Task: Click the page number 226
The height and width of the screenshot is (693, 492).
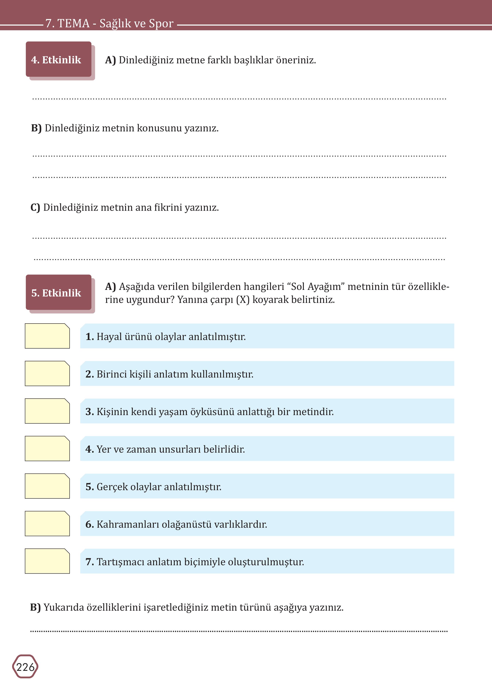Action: click(x=25, y=667)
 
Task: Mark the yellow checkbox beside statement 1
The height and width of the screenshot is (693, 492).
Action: click(x=47, y=336)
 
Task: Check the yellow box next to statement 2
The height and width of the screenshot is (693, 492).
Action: click(x=47, y=373)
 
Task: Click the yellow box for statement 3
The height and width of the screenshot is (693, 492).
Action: click(x=47, y=411)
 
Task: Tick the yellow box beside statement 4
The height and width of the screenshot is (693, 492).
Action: click(x=47, y=449)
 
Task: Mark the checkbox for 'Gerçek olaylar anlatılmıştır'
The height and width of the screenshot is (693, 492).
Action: click(x=47, y=486)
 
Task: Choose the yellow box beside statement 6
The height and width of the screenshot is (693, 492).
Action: click(x=47, y=523)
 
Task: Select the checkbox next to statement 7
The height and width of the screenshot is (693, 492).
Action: click(x=47, y=561)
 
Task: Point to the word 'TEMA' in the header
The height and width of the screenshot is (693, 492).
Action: click(x=74, y=23)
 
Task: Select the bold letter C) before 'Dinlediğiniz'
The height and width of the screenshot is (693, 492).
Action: click(x=35, y=208)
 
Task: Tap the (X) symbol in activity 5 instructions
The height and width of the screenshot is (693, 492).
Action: click(x=243, y=300)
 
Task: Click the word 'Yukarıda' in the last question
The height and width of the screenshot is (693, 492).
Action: click(x=64, y=607)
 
